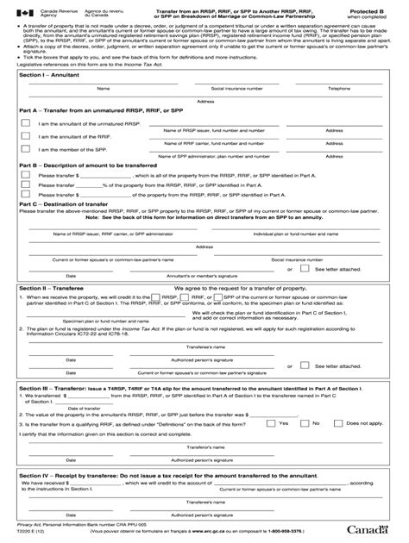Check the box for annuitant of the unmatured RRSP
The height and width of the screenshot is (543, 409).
click(25, 123)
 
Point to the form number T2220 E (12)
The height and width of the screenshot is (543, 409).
click(37, 529)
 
